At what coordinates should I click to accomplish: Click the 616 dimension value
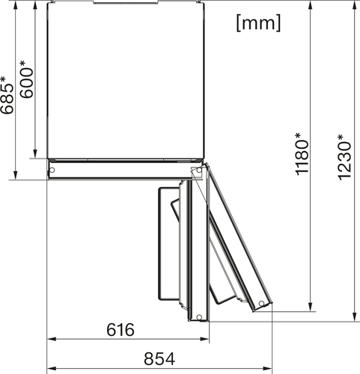(120, 330)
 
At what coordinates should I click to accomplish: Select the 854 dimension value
(159, 359)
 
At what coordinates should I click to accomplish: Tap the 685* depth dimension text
(7, 95)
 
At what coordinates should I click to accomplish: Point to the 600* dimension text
(26, 79)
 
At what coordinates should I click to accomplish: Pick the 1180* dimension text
(302, 154)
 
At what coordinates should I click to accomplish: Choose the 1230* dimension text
(344, 157)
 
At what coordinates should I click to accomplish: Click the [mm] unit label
(258, 22)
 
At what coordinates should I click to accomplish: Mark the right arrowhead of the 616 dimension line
(205, 339)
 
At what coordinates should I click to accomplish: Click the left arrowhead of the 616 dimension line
(51, 339)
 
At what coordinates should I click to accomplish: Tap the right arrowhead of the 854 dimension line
(268, 368)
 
